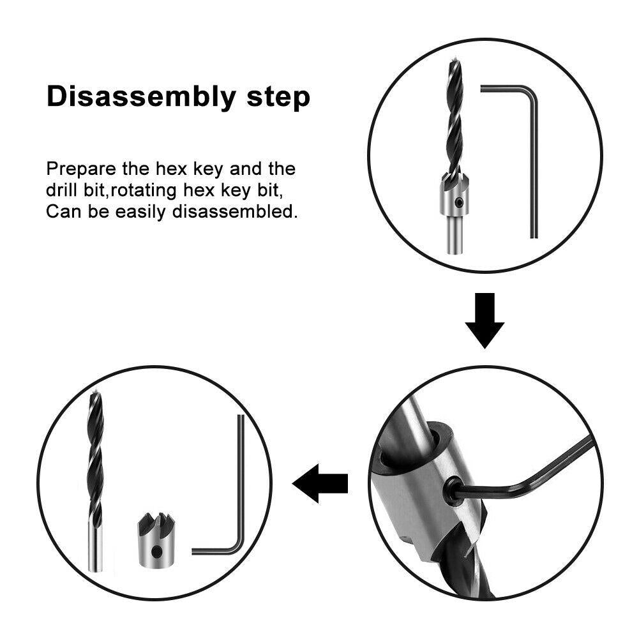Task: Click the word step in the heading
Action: pyautogui.click(x=278, y=98)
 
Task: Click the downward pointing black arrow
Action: pyautogui.click(x=485, y=320)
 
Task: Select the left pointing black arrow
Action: pyautogui.click(x=320, y=484)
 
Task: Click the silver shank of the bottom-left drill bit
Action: pyautogui.click(x=94, y=549)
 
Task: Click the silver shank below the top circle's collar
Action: pyautogui.click(x=455, y=236)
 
